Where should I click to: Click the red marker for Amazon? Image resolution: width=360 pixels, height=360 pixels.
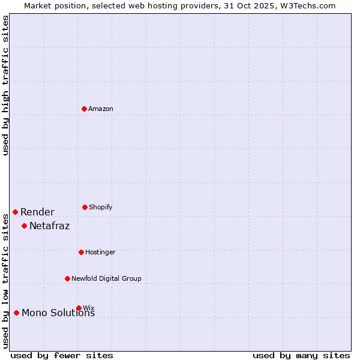point(85,109)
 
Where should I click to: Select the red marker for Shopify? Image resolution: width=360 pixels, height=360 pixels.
point(85,207)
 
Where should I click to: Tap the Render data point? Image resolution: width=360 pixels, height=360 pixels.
point(15,212)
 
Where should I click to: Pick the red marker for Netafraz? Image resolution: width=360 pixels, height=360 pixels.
point(24,226)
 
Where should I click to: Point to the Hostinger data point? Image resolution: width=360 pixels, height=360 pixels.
point(81,252)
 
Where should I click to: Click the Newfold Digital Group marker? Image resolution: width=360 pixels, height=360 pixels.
point(67,278)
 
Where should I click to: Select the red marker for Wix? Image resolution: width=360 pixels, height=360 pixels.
point(79,308)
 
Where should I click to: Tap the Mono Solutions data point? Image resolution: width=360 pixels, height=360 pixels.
point(16,313)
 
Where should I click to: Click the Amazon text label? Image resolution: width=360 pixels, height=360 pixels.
point(101,109)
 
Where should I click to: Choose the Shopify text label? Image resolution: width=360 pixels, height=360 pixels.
point(101,207)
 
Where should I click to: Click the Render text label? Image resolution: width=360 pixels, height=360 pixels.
point(37,212)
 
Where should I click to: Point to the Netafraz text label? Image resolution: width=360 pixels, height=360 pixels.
point(49,226)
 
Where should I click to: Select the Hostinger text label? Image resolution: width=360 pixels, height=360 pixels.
point(100,252)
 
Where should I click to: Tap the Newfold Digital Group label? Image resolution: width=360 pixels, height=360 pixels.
point(106,278)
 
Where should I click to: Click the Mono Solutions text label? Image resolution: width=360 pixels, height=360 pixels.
point(58,313)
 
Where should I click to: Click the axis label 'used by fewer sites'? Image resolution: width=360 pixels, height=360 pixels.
point(62,355)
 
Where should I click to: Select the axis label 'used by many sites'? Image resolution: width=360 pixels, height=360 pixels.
point(301,355)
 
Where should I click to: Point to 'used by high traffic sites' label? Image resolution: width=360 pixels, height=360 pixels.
point(6,85)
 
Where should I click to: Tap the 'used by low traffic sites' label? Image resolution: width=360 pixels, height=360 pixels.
point(6,281)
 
